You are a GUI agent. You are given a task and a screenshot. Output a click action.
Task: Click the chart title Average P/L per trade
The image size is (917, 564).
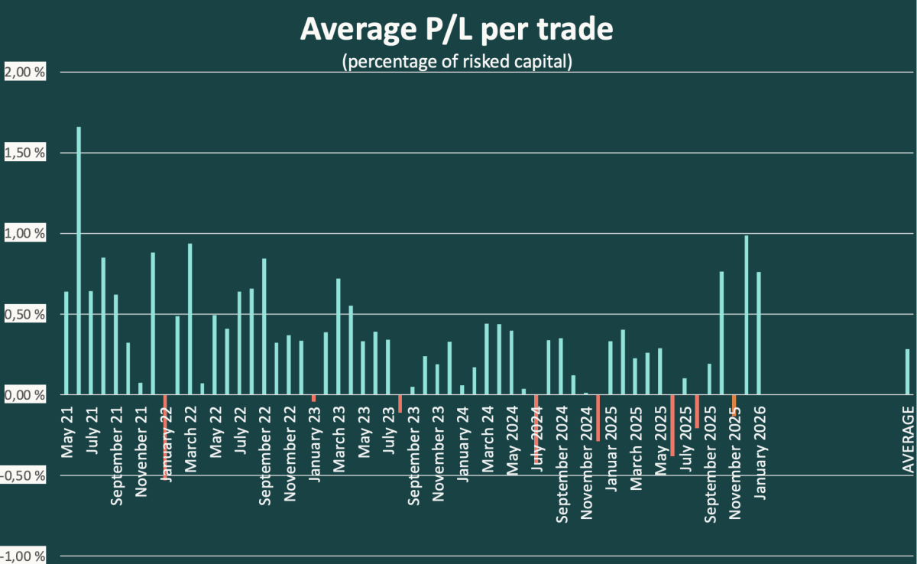pos(457,30)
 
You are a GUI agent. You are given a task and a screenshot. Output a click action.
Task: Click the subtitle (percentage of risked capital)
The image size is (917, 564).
pos(457,61)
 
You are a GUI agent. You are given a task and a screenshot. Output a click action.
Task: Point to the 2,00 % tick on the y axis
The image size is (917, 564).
pos(26,73)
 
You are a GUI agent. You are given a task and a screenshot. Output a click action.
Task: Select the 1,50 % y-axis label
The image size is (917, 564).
pos(26,153)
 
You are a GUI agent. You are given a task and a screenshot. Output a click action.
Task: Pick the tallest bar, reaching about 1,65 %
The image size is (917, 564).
pos(79,261)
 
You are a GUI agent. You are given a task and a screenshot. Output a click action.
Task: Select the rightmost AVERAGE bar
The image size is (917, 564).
pos(908,371)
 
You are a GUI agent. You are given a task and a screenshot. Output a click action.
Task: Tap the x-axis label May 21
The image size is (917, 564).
pos(66,432)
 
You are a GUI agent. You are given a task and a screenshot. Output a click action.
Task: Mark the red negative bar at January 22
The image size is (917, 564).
pos(165,436)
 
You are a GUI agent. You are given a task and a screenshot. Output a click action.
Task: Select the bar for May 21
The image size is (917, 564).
pos(66,343)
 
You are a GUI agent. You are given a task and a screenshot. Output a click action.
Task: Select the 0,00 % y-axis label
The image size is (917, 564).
pos(26,395)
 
